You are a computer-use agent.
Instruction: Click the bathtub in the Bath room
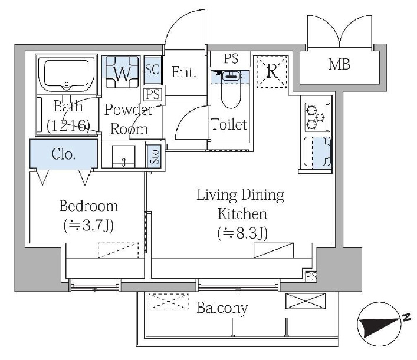(x=67, y=74)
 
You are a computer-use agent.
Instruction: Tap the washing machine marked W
(x=122, y=72)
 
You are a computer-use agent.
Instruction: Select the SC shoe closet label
(x=152, y=70)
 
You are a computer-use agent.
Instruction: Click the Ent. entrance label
(x=184, y=72)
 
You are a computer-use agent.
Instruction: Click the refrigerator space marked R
(x=271, y=71)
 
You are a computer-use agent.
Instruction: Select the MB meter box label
(x=339, y=65)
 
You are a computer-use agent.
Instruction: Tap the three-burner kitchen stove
(x=317, y=117)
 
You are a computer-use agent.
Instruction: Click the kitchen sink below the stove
(x=317, y=151)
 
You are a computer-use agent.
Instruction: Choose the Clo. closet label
(x=64, y=154)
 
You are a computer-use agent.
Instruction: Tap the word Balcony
(x=222, y=309)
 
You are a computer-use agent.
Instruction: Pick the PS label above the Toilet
(x=231, y=59)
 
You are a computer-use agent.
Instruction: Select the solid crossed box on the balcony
(x=306, y=301)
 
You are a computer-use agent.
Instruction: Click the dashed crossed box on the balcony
(x=169, y=301)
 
